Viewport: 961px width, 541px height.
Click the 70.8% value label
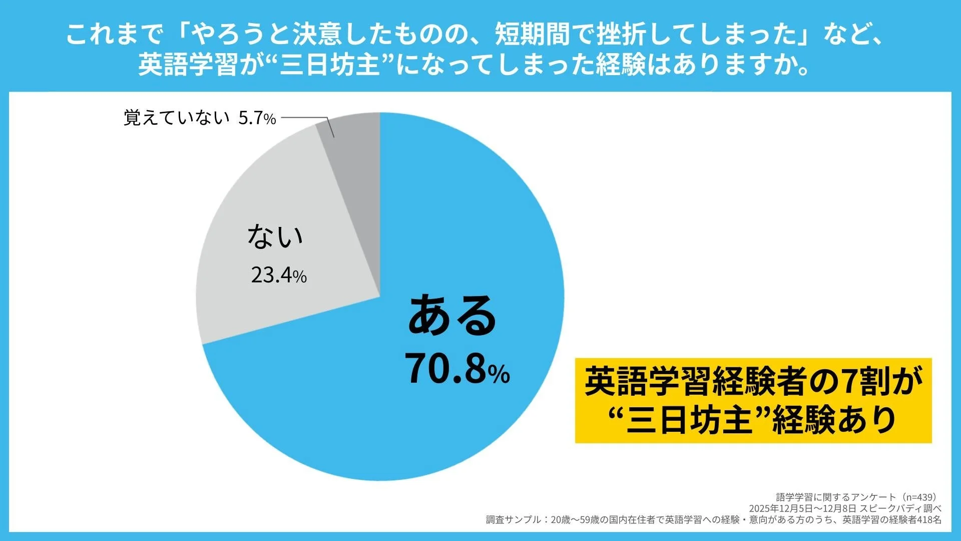point(457,370)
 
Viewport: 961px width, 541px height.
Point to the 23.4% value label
point(278,275)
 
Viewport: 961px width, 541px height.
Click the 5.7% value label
point(257,118)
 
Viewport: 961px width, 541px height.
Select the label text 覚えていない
point(176,118)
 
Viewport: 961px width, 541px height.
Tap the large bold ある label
point(452,316)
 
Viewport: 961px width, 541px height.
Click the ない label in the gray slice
point(275,236)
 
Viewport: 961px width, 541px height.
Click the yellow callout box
point(753,401)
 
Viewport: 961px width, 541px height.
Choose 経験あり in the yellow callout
point(833,420)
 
